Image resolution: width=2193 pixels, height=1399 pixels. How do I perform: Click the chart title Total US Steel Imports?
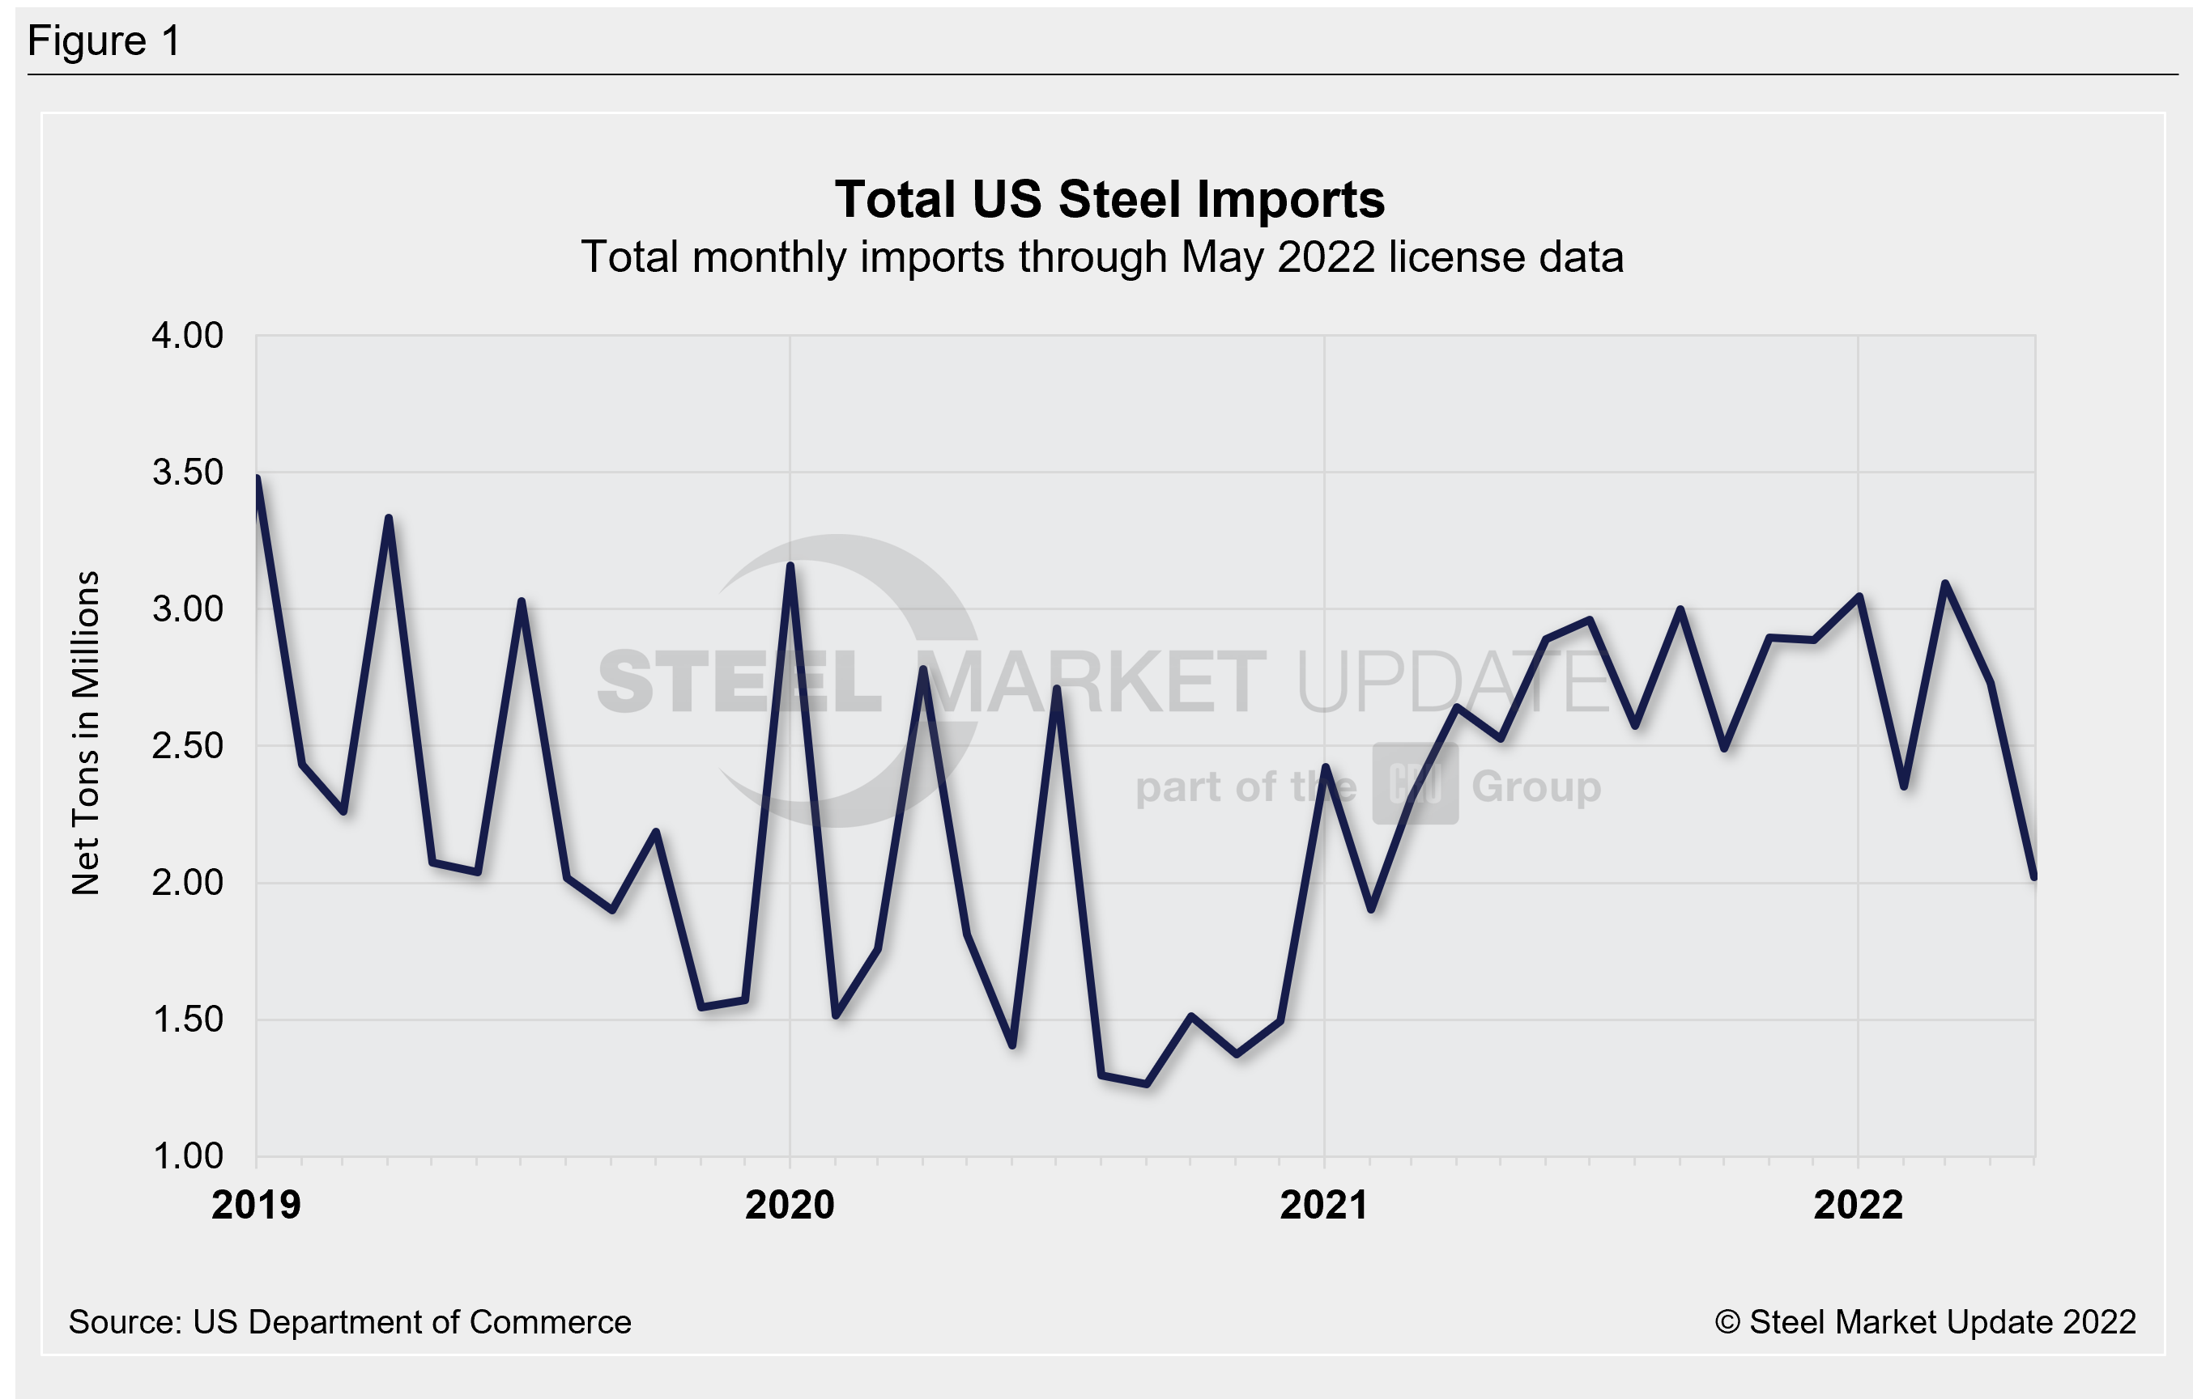[1109, 199]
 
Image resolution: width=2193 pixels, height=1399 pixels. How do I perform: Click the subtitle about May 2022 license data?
[1102, 257]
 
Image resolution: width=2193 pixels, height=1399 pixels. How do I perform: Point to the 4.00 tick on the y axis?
[188, 335]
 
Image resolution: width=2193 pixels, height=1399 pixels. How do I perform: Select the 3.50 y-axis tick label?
[188, 473]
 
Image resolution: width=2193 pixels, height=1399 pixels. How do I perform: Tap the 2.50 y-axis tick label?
[188, 745]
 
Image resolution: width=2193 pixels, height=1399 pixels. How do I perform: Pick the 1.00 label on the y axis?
[188, 1156]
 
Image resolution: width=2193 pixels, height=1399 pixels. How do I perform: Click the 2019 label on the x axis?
[256, 1205]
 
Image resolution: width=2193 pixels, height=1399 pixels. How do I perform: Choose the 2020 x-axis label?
[790, 1205]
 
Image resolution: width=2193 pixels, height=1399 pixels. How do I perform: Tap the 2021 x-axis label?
[1323, 1205]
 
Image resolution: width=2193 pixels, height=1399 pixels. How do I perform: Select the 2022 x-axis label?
[1858, 1205]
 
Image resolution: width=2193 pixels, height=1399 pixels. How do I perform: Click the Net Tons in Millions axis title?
[86, 733]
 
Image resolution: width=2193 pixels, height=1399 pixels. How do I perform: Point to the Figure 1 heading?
[104, 41]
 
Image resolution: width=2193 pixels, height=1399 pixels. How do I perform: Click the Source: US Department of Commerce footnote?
[350, 1321]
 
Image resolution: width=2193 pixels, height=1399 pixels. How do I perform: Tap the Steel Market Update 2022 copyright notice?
[1925, 1321]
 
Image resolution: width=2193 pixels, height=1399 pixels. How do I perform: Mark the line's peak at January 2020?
[790, 566]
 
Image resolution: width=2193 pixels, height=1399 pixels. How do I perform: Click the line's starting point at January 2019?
[258, 479]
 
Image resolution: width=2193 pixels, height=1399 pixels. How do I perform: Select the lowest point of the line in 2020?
[1146, 1084]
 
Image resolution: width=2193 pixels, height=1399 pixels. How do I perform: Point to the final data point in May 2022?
[2033, 875]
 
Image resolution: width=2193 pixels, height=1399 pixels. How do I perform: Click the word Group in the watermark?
[1535, 786]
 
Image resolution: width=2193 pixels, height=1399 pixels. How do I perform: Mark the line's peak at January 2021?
[1325, 767]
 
